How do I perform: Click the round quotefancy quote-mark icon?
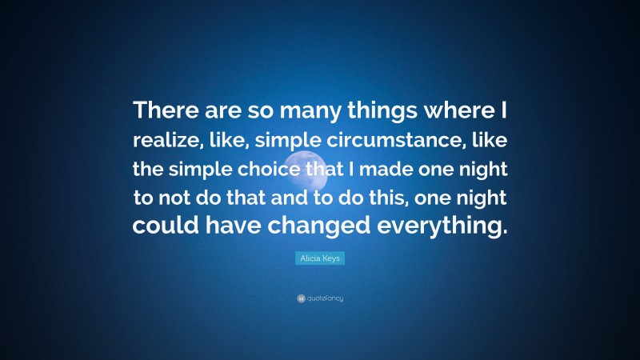pyautogui.click(x=301, y=298)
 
